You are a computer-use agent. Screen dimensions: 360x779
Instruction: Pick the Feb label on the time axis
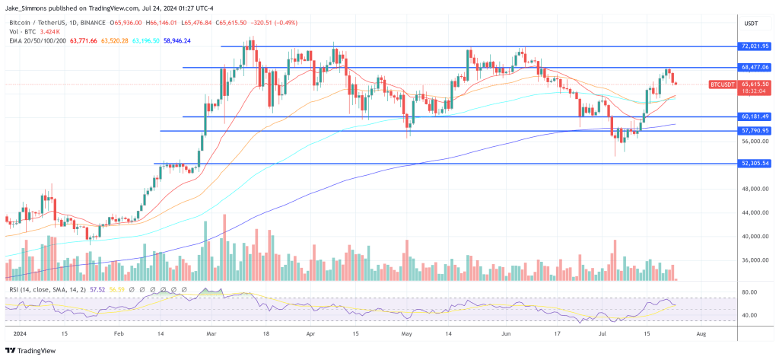point(119,334)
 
